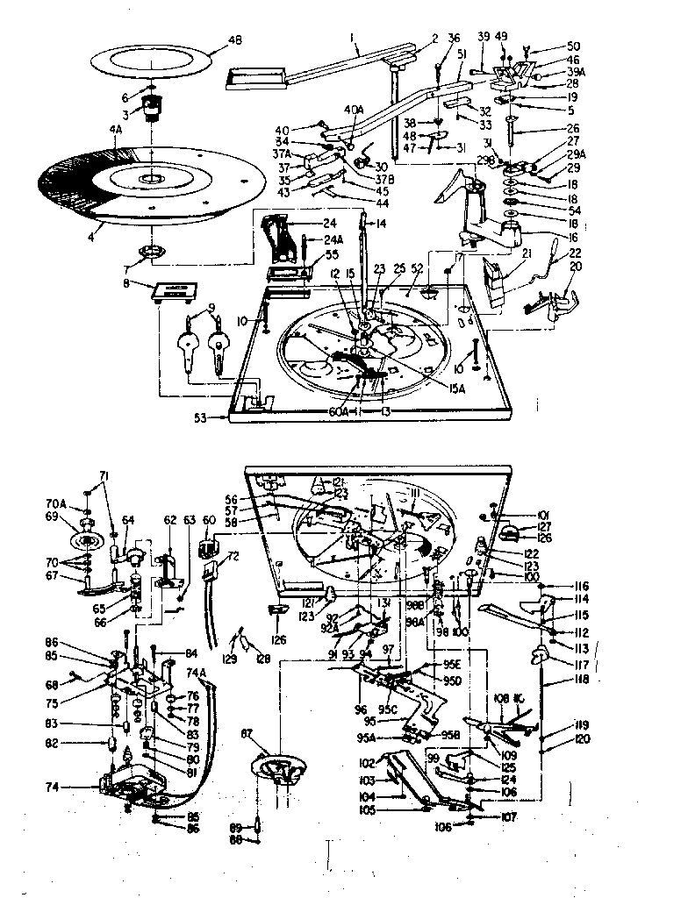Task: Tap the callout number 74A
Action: click(x=196, y=673)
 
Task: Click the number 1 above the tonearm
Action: click(x=351, y=38)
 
